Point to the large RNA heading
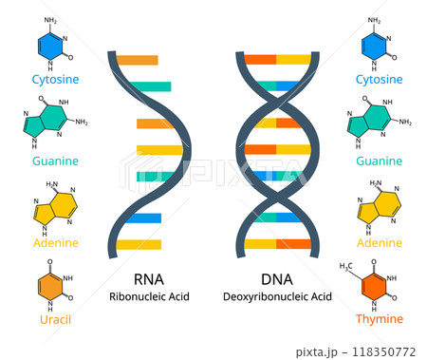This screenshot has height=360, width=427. [x=149, y=278]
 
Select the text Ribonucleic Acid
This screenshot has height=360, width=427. [x=149, y=297]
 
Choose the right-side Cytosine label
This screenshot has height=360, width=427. [x=379, y=79]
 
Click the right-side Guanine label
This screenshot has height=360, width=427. [x=379, y=161]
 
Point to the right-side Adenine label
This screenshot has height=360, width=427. [x=379, y=242]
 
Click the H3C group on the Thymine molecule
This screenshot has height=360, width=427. [x=347, y=267]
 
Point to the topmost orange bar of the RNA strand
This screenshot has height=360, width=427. [x=137, y=61]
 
